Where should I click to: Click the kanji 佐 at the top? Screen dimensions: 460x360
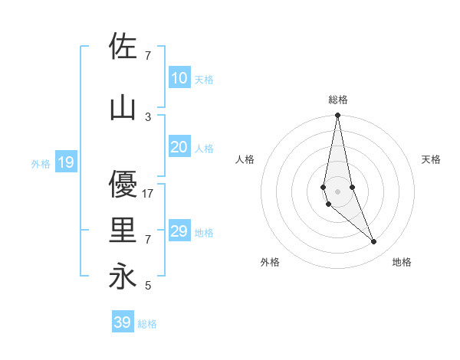coord(123,46)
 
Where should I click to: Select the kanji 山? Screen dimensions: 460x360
coord(123,108)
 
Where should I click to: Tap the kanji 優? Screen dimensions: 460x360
coord(123,185)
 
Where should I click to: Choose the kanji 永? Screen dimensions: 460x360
coord(123,276)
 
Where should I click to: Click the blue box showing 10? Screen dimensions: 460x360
coord(179,77)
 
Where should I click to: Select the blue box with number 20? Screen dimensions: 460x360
coord(179,147)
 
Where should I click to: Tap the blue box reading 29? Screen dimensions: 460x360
coord(179,231)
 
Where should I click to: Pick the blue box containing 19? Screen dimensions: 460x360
coord(65,162)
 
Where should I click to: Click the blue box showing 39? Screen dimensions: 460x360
coord(123,322)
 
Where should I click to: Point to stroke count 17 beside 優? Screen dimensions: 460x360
coord(149,194)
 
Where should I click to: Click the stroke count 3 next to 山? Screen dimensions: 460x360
coord(148,116)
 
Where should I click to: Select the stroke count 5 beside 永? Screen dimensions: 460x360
coord(148,286)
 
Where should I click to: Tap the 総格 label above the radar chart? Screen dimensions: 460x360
coord(338,100)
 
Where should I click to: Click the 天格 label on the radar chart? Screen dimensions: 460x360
coord(432,159)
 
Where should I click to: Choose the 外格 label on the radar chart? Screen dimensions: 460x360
coord(270,262)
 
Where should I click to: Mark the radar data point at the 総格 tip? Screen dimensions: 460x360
coord(337,116)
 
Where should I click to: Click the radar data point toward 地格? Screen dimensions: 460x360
coord(374,242)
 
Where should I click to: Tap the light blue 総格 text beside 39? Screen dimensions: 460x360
coord(147,324)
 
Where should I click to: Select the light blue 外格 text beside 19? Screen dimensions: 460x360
coord(41,163)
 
